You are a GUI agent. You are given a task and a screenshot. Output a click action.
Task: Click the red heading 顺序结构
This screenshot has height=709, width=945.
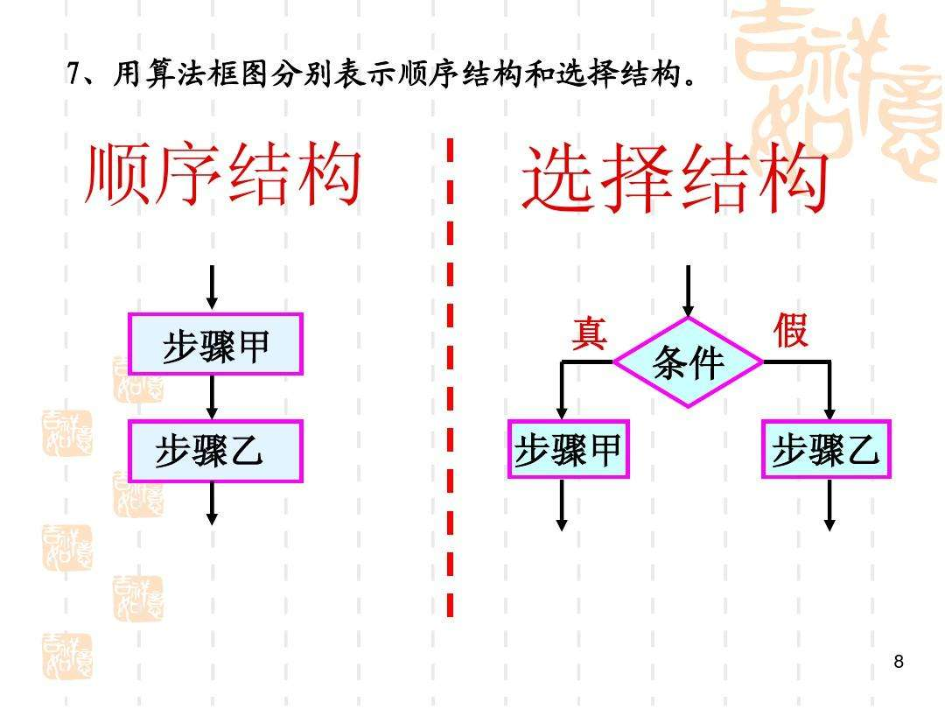[x=222, y=175]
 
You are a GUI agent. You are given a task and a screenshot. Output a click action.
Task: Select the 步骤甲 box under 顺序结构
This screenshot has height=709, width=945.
[x=215, y=344]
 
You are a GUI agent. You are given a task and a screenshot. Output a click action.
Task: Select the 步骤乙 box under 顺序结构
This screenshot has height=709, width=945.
[x=215, y=452]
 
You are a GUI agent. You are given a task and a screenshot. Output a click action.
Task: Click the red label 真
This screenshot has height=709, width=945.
[x=589, y=333]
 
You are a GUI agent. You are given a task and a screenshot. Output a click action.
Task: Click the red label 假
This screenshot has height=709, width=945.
[x=790, y=332]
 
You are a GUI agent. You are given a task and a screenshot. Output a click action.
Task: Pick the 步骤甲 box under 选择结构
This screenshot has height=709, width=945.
[x=568, y=450]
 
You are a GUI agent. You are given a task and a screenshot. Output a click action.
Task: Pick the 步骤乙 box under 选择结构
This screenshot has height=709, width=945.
[x=826, y=450]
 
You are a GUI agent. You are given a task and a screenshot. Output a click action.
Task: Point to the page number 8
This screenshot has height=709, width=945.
[x=899, y=662]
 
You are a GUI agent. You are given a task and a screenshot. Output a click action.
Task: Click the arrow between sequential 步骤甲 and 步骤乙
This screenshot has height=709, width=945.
[x=212, y=397]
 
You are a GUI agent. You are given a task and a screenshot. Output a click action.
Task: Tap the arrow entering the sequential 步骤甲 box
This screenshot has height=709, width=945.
[x=212, y=289]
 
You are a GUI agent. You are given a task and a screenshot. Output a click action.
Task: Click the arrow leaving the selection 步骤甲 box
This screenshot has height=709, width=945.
[x=562, y=505]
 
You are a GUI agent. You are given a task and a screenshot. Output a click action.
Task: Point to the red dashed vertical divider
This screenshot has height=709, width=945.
[x=450, y=376]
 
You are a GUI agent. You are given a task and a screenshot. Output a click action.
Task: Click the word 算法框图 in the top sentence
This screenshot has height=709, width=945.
[x=192, y=76]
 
